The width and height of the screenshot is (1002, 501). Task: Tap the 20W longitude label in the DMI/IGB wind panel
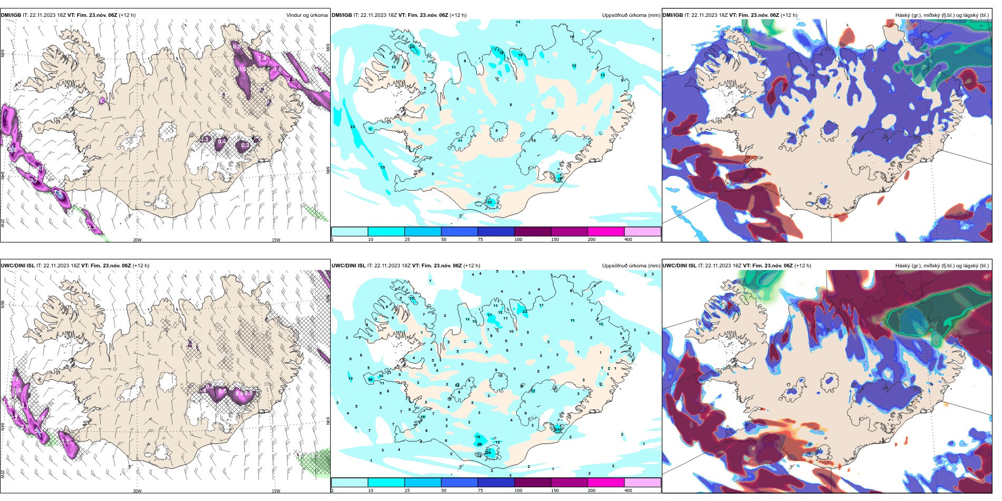click(137, 240)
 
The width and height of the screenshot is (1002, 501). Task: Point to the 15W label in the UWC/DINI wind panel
click(276, 491)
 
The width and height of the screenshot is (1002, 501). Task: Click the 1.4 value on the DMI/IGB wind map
click(262, 57)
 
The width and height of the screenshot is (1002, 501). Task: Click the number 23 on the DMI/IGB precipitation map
click(352, 127)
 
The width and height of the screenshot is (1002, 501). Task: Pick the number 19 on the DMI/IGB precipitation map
click(520, 55)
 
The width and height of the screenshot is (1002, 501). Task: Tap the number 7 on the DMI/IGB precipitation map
click(653, 40)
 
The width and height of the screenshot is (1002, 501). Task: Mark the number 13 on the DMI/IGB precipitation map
click(602, 75)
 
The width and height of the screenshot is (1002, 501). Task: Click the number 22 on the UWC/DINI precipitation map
click(525, 312)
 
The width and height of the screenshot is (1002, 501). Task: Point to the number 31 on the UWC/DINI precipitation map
click(371, 379)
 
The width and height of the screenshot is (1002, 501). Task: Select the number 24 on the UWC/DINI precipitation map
click(557, 429)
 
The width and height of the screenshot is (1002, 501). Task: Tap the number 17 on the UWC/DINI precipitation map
click(490, 315)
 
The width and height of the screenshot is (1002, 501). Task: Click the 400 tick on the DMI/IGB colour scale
click(628, 239)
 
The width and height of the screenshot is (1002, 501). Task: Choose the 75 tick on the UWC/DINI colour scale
click(480, 490)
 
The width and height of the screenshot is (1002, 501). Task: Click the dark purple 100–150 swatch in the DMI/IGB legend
click(532, 232)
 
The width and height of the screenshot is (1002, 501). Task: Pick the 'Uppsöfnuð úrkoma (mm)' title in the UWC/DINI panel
click(631, 266)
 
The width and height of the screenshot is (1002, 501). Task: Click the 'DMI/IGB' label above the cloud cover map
click(672, 15)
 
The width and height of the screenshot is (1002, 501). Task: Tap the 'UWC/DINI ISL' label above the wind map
click(17, 266)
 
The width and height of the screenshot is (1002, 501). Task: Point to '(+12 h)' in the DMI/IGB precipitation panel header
click(458, 15)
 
